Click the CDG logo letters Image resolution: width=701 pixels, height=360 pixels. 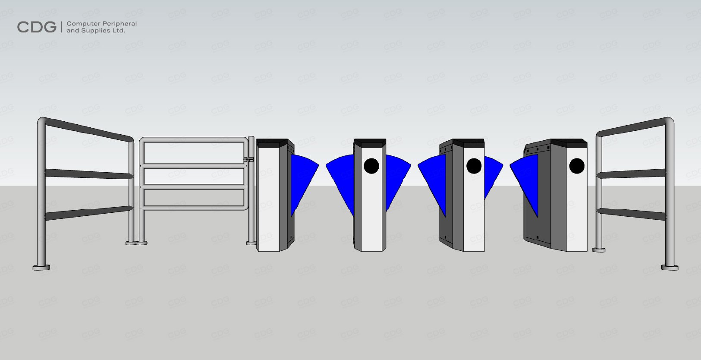tap(37, 27)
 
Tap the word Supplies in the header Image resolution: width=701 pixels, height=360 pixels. tap(96, 31)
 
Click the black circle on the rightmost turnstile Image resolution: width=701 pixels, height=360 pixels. tap(576, 166)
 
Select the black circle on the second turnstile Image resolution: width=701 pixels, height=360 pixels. tap(371, 166)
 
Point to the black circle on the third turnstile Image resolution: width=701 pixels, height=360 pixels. tap(474, 166)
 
